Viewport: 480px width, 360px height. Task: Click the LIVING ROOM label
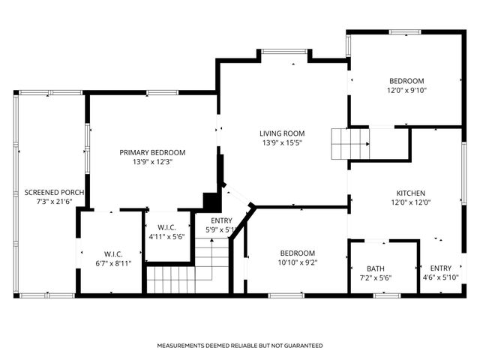[282, 133]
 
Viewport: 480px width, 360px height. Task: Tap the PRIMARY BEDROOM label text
[152, 152]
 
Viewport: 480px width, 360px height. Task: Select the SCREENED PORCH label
[54, 193]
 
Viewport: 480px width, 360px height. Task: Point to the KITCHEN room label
[411, 193]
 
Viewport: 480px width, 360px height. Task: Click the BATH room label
[376, 268]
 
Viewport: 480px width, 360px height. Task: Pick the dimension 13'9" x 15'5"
[282, 142]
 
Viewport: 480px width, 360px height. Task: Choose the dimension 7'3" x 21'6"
[54, 202]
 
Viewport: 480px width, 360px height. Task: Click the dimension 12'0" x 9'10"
[406, 90]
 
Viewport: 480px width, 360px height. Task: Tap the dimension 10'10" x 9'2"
[298, 262]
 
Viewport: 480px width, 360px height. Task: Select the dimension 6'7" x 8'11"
[113, 263]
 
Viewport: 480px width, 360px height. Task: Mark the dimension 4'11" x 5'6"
[166, 237]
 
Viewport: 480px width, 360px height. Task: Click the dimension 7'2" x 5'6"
[376, 278]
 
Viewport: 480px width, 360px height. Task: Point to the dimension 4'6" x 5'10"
[441, 277]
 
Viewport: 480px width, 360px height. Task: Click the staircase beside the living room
[350, 144]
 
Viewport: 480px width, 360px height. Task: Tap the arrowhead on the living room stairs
[367, 144]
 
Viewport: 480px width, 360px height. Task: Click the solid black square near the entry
[212, 202]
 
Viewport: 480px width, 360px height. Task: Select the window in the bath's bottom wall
[387, 295]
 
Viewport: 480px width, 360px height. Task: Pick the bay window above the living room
[284, 52]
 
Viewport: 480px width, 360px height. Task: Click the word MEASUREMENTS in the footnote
[181, 346]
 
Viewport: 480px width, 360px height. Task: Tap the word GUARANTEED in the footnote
[303, 346]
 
